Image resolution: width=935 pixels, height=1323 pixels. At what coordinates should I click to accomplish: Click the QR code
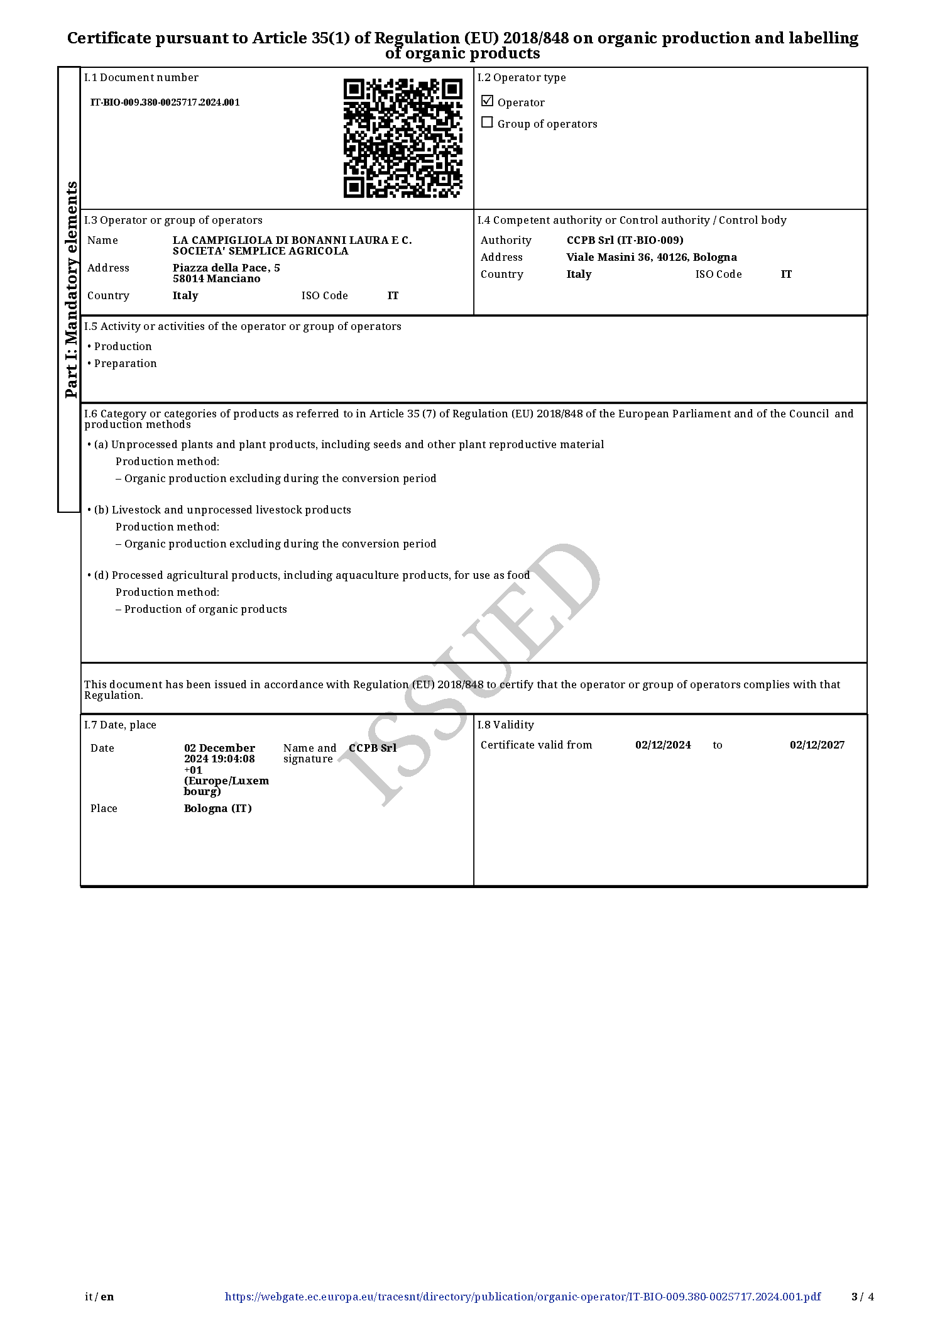[403, 138]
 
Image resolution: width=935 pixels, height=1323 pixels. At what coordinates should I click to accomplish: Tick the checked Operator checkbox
[487, 101]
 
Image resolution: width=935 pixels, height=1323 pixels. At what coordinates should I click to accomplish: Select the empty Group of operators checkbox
[487, 123]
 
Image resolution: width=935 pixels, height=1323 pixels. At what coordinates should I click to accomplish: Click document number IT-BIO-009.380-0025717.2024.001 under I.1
[165, 102]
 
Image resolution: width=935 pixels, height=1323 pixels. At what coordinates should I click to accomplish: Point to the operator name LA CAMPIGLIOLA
[292, 240]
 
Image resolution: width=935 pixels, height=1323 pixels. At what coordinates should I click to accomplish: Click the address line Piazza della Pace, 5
[226, 268]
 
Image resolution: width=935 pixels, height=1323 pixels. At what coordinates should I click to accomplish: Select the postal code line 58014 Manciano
[216, 279]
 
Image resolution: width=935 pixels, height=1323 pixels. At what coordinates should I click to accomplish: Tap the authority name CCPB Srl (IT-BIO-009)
[625, 240]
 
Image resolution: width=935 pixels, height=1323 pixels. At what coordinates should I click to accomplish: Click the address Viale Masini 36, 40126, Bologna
[652, 257]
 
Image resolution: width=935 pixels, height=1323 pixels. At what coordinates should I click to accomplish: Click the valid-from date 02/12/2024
[663, 745]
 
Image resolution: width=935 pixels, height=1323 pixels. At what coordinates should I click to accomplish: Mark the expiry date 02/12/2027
[817, 745]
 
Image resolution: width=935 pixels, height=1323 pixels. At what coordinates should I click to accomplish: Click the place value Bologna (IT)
[217, 808]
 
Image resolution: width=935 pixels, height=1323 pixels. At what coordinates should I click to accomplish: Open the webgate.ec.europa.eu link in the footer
[522, 1297]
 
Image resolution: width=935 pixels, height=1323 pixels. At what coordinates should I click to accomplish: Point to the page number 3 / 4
[862, 1297]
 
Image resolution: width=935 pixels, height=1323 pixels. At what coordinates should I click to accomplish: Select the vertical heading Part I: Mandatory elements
[71, 289]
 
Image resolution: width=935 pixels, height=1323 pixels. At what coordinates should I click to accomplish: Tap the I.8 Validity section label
[505, 725]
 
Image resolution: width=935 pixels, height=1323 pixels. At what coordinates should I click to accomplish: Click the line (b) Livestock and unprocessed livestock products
[222, 510]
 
